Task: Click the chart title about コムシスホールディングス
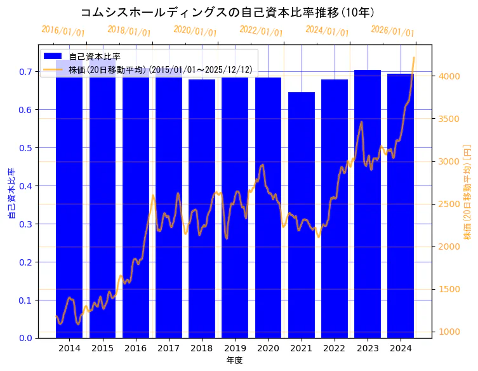pyautogui.click(x=227, y=12)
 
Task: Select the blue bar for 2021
pyautogui.click(x=301, y=216)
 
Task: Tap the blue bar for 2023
pyautogui.click(x=368, y=203)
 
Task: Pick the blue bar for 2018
pyautogui.click(x=202, y=210)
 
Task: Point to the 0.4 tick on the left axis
pyautogui.click(x=25, y=186)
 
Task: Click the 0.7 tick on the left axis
pyautogui.click(x=25, y=72)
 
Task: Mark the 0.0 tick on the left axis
pyautogui.click(x=25, y=338)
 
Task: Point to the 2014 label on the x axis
pyautogui.click(x=69, y=348)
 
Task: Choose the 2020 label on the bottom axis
pyautogui.click(x=268, y=348)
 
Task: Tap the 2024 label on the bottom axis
pyautogui.click(x=401, y=348)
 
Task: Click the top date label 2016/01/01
pyautogui.click(x=63, y=30)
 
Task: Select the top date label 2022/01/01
pyautogui.click(x=261, y=30)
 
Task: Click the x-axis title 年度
pyautogui.click(x=234, y=360)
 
